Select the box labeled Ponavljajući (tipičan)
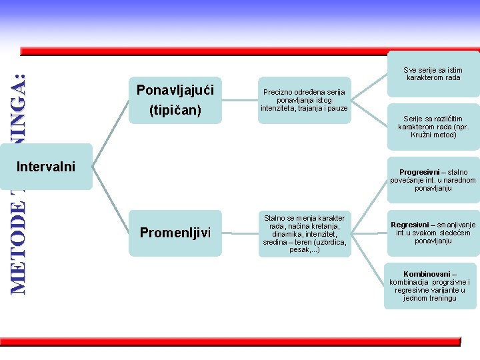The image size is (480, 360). click(x=175, y=99)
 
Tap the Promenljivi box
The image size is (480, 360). click(x=175, y=233)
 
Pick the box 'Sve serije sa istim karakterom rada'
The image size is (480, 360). click(x=433, y=73)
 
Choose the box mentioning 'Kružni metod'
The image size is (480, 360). click(x=433, y=126)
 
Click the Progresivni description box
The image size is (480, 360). click(x=433, y=180)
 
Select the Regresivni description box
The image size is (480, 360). click(x=433, y=232)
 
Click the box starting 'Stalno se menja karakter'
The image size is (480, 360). click(x=304, y=233)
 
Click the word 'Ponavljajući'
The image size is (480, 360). click(x=175, y=90)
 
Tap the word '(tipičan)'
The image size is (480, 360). click(x=175, y=109)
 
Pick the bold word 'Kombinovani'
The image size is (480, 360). click(x=426, y=273)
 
